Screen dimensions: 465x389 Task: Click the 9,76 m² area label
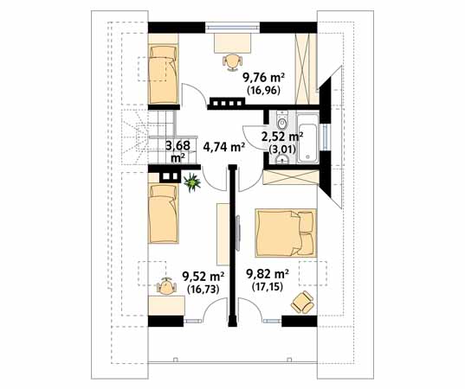point(263,79)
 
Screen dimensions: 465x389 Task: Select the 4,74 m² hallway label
point(224,147)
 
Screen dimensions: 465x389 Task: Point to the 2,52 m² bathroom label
point(282,137)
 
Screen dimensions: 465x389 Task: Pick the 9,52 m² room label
point(203,277)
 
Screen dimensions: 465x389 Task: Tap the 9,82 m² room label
point(268,274)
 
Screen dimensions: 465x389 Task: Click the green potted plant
point(192,182)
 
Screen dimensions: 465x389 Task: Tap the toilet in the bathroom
point(282,120)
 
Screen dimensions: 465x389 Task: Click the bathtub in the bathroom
point(308,138)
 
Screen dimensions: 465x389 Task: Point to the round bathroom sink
point(281,160)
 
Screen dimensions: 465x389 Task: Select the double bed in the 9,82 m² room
point(286,233)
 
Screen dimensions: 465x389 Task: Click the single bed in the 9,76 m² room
point(164,74)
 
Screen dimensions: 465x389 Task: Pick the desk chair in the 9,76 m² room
point(232,62)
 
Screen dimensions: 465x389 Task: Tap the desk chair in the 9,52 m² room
point(166,286)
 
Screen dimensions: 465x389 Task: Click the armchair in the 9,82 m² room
point(302,302)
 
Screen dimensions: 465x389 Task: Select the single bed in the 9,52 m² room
point(164,214)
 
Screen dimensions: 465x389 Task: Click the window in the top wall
point(233,28)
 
